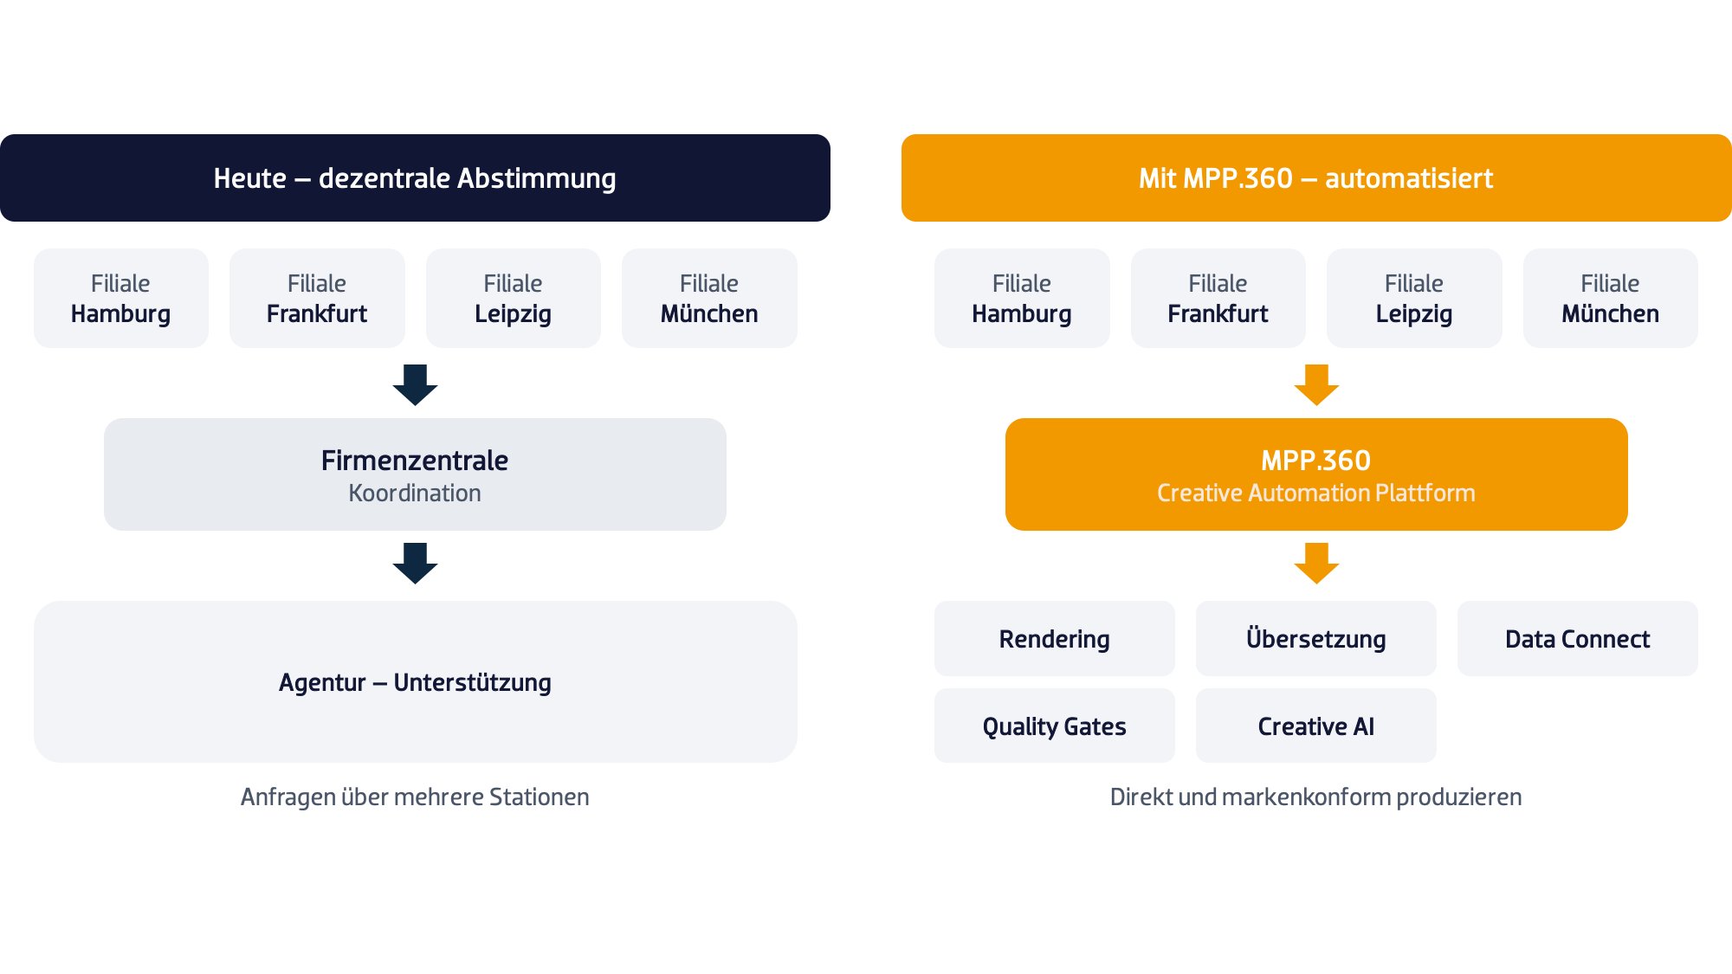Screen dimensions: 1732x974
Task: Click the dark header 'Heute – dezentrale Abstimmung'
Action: click(415, 177)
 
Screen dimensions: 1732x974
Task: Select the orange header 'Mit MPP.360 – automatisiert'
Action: click(1316, 177)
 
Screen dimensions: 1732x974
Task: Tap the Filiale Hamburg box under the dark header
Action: click(121, 298)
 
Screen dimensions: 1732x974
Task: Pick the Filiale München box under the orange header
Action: click(1611, 298)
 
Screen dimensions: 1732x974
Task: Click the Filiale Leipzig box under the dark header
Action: click(514, 298)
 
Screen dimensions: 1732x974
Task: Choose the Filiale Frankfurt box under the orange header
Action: click(1218, 298)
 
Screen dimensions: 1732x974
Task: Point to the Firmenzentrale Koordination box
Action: click(415, 474)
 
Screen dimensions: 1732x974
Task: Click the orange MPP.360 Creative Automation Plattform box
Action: click(1316, 474)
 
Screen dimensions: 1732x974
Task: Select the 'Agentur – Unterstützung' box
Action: click(416, 681)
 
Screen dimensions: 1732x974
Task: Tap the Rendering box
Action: click(1055, 638)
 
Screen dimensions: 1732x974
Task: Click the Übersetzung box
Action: click(1316, 638)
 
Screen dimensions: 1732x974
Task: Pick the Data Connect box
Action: click(1578, 638)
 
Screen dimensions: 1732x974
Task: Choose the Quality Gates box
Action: click(1055, 726)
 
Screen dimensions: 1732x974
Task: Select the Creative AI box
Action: click(1316, 726)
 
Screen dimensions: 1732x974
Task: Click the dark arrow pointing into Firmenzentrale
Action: click(415, 385)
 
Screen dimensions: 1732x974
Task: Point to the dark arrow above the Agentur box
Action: click(415, 564)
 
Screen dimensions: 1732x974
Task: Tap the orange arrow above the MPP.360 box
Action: click(1316, 385)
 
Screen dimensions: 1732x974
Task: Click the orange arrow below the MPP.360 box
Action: click(1316, 564)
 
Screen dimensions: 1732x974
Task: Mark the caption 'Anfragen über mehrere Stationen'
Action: click(415, 797)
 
